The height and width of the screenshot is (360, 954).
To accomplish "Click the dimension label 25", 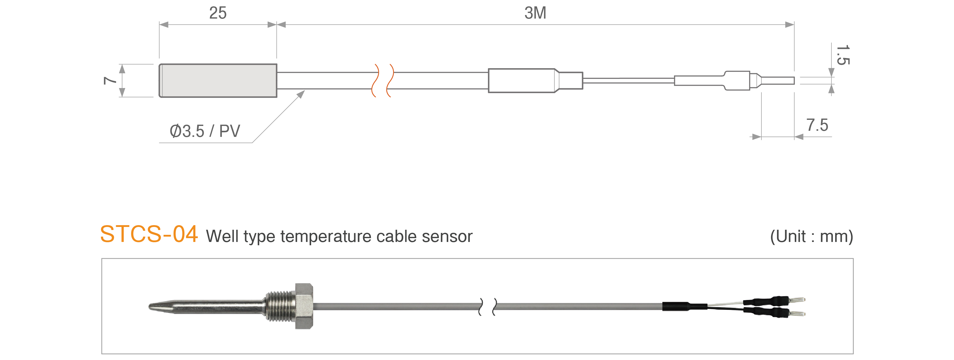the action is (x=218, y=13).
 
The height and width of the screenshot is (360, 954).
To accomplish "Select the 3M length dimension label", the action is (x=535, y=13).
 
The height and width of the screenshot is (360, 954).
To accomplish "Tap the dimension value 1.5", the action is (x=843, y=55).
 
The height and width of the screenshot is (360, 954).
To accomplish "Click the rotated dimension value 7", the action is (x=110, y=80).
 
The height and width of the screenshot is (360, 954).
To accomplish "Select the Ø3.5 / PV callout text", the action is (x=205, y=131).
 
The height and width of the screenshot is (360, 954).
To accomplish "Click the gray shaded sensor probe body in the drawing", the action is (x=218, y=81).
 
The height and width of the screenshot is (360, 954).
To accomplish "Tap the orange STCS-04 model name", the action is (x=149, y=234).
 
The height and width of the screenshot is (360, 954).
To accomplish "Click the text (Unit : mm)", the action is (x=812, y=236).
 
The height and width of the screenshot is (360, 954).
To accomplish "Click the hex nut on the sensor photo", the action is (x=304, y=306).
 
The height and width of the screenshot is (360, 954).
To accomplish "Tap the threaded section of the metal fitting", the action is (x=280, y=306).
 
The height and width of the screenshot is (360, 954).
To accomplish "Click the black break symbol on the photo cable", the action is (x=488, y=307).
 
